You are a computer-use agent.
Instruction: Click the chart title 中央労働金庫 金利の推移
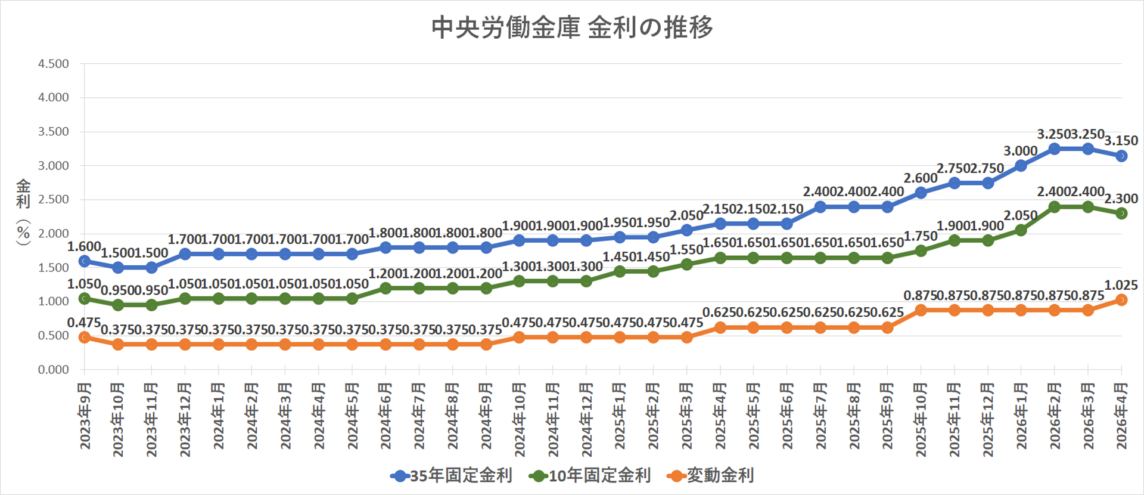[572, 27]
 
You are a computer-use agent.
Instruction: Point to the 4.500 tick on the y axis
[54, 64]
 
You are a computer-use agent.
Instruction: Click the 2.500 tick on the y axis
[54, 199]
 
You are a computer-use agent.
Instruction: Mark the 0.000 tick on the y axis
[54, 370]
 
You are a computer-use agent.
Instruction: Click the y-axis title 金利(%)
[23, 212]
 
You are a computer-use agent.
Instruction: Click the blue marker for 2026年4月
[1121, 156]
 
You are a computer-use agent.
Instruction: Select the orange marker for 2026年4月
[1121, 300]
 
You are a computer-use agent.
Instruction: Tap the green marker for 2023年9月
[85, 298]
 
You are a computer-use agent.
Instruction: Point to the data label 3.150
[1121, 141]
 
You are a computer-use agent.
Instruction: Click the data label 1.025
[1121, 285]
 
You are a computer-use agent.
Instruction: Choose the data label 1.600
[84, 246]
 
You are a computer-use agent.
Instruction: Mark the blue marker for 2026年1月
[1021, 166]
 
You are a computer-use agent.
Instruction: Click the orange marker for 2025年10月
[921, 310]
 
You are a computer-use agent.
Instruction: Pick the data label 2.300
[1121, 199]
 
